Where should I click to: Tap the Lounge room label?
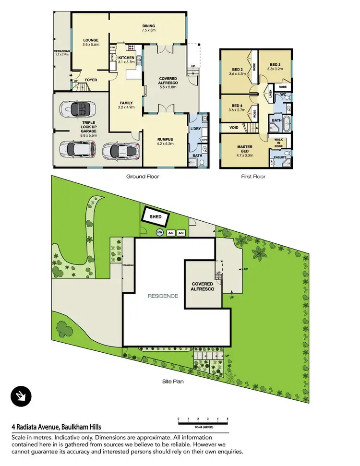tap(90, 42)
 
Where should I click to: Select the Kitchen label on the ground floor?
tap(127, 60)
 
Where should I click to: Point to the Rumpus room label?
tap(165, 141)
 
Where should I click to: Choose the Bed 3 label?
tap(274, 67)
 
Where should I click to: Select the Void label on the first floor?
tap(234, 128)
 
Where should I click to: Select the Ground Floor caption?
tap(143, 177)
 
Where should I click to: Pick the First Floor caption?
tap(253, 177)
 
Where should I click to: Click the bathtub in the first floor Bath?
tap(286, 125)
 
